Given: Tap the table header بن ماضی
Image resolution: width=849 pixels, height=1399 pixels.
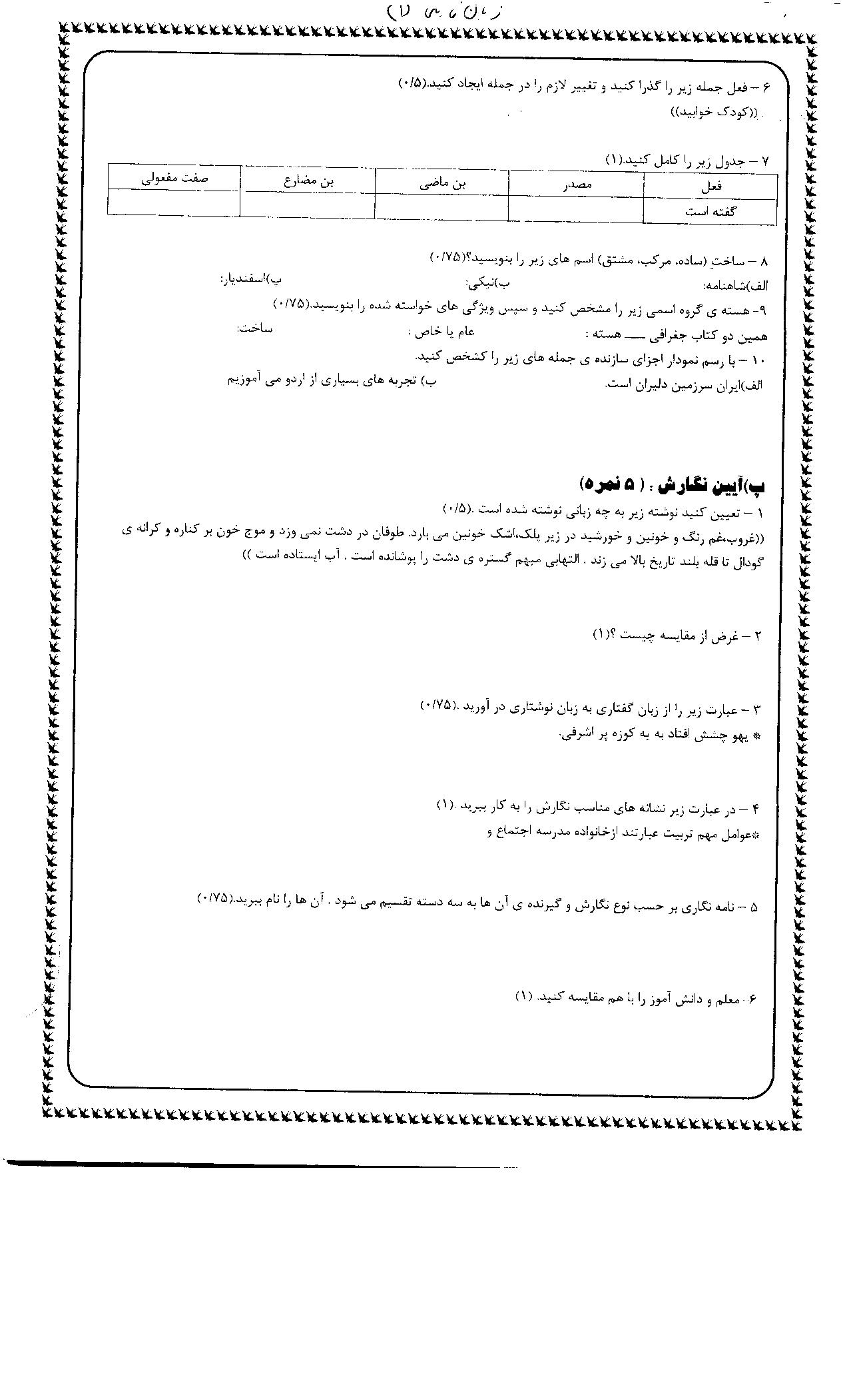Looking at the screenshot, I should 442,184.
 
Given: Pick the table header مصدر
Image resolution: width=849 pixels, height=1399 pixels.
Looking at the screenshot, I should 576,186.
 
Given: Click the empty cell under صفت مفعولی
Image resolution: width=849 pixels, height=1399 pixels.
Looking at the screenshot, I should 174,203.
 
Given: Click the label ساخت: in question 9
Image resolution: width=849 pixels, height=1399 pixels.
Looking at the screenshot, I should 254,329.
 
